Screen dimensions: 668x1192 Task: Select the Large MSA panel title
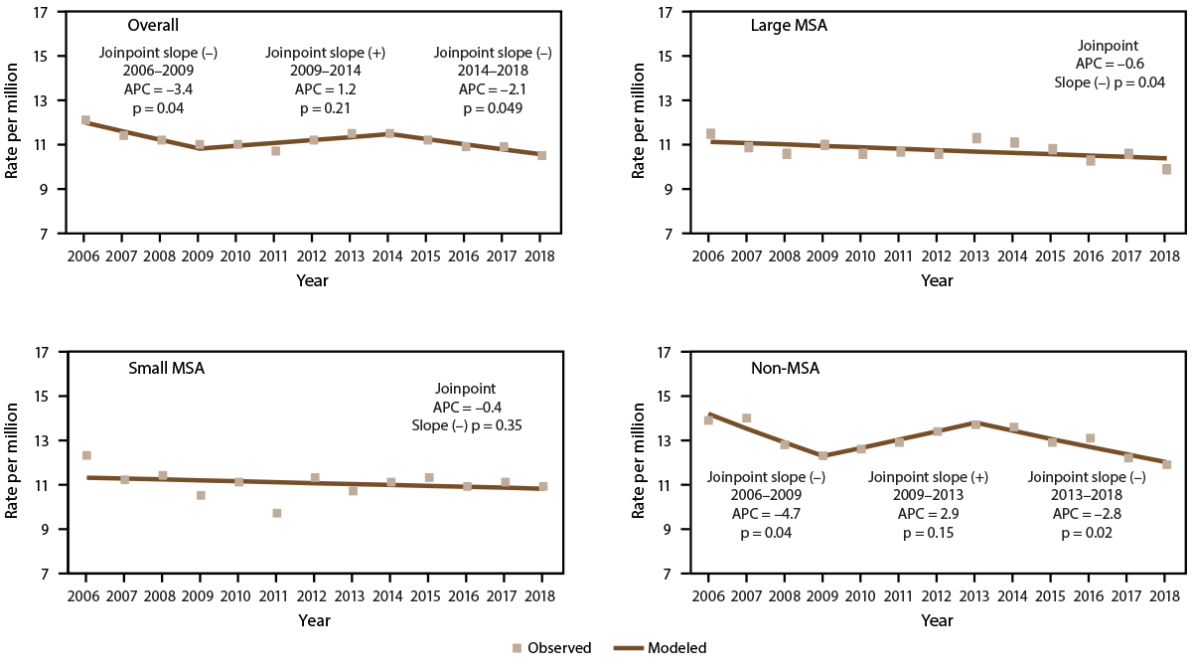[x=788, y=25]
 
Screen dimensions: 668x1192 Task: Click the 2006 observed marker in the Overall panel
[x=85, y=120]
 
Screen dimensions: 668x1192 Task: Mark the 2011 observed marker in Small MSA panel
[x=277, y=513]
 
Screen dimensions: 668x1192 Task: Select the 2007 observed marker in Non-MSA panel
[x=746, y=418]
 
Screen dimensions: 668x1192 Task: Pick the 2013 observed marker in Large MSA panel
[x=976, y=138]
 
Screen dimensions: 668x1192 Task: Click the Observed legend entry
[x=551, y=648]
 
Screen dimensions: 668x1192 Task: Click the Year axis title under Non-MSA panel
[x=936, y=621]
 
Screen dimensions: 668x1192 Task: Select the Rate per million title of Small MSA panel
[x=13, y=462]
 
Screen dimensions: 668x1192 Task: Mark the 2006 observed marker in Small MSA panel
[x=86, y=455]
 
